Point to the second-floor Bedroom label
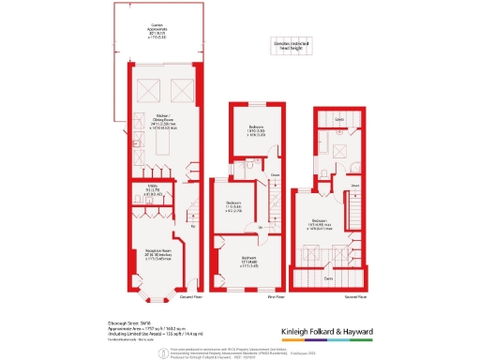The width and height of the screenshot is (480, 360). [323, 225]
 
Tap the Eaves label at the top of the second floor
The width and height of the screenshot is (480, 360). [341, 120]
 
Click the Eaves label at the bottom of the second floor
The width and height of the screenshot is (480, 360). [328, 278]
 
